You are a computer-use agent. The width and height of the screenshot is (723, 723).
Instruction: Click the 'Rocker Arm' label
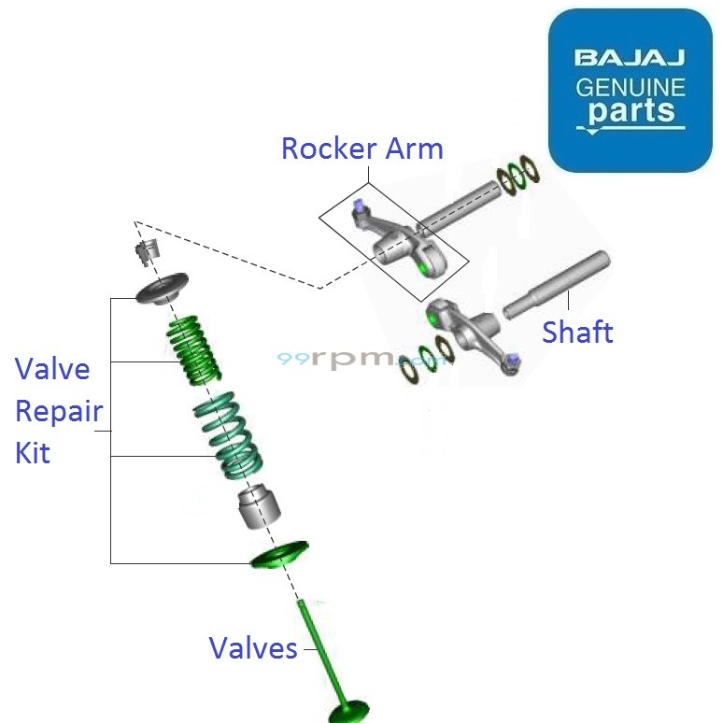361,149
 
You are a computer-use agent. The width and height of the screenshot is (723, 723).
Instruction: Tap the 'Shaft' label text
577,332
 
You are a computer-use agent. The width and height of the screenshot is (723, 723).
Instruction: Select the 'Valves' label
252,648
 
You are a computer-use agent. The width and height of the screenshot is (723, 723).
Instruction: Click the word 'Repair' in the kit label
58,411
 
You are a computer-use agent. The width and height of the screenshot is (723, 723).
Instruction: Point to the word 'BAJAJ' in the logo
630,59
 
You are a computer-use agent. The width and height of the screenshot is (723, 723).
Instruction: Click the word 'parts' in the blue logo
630,110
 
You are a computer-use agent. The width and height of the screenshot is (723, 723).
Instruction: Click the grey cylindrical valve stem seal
260,507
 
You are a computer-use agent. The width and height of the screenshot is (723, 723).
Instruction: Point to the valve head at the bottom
350,712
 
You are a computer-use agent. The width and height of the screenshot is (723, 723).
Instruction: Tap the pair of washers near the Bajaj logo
519,177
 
